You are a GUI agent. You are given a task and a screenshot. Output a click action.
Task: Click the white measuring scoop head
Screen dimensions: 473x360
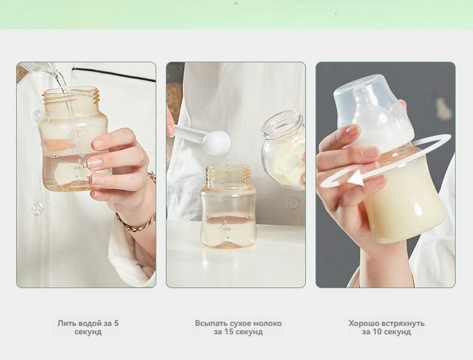point(216,143)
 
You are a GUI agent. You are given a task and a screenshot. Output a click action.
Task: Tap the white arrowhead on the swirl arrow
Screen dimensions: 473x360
point(356,179)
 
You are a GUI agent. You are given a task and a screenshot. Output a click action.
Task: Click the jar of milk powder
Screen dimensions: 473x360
point(283,150)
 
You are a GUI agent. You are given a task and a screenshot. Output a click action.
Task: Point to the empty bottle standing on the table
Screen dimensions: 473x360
point(228,207)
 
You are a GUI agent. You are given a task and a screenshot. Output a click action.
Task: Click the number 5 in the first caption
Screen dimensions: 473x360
point(116,323)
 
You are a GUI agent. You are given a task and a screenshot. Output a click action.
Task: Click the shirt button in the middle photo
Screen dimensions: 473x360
point(293,203)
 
